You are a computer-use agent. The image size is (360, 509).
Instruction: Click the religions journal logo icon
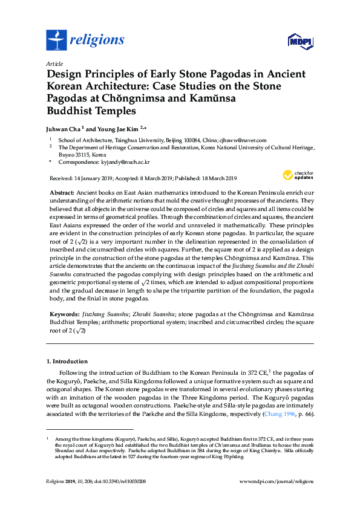click(56, 40)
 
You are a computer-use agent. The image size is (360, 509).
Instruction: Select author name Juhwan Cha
click(63, 128)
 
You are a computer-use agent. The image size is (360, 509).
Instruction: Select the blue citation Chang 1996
click(276, 415)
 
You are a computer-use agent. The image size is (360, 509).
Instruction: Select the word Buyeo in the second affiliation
click(65, 154)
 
